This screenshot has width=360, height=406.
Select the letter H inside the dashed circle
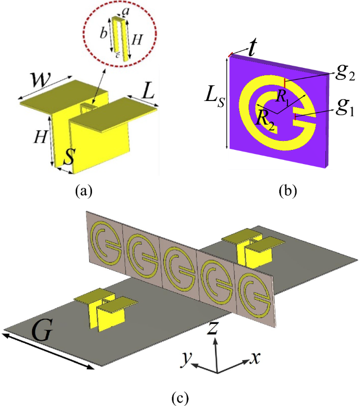137,39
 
